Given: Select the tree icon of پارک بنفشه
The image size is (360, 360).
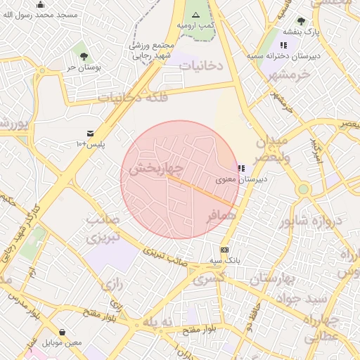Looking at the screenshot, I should pyautogui.click(x=301, y=21).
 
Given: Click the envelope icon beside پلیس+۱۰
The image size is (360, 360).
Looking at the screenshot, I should pyautogui.click(x=90, y=133).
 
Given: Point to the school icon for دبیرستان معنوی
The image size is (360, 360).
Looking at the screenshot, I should pyautogui.click(x=241, y=169).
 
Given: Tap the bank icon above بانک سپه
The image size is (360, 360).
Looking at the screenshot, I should pyautogui.click(x=224, y=250).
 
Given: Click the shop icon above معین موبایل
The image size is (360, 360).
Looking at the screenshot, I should pyautogui.click(x=63, y=332).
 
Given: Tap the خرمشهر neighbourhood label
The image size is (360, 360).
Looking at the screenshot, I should pyautogui.click(x=289, y=75).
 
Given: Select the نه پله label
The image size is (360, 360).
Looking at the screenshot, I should pyautogui.click(x=157, y=321).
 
